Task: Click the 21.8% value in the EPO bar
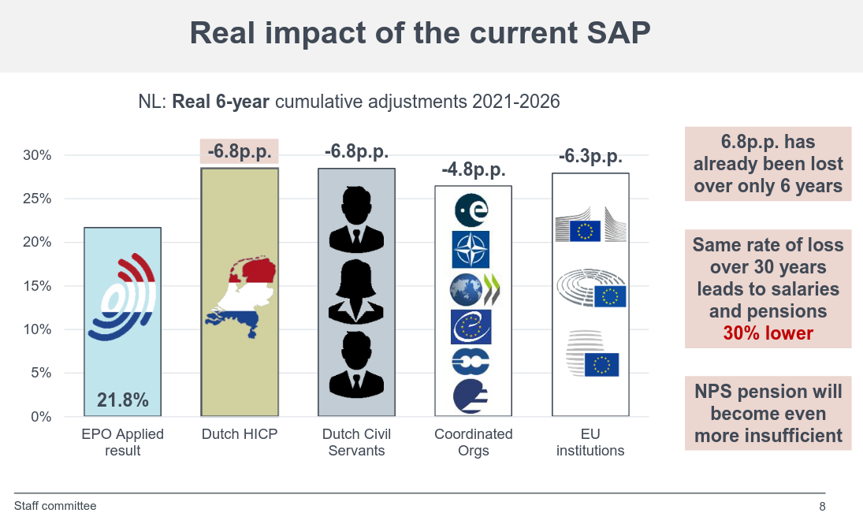click(x=122, y=400)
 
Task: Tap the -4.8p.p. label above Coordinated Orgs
click(x=473, y=169)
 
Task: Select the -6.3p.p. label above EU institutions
click(x=590, y=156)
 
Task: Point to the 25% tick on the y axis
click(x=37, y=199)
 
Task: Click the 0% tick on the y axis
click(x=41, y=417)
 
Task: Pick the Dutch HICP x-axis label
click(x=240, y=434)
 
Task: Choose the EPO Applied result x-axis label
click(x=122, y=442)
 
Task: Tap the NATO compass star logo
click(x=471, y=250)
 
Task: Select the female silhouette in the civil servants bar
click(x=356, y=292)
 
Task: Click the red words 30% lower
click(x=768, y=333)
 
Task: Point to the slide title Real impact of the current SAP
click(x=420, y=34)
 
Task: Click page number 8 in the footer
click(x=822, y=507)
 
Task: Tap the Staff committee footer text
click(x=55, y=506)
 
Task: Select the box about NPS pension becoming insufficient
click(x=768, y=414)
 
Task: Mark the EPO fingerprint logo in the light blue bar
click(x=123, y=297)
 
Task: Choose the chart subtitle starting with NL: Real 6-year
click(x=348, y=102)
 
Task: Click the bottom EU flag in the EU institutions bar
click(x=601, y=365)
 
